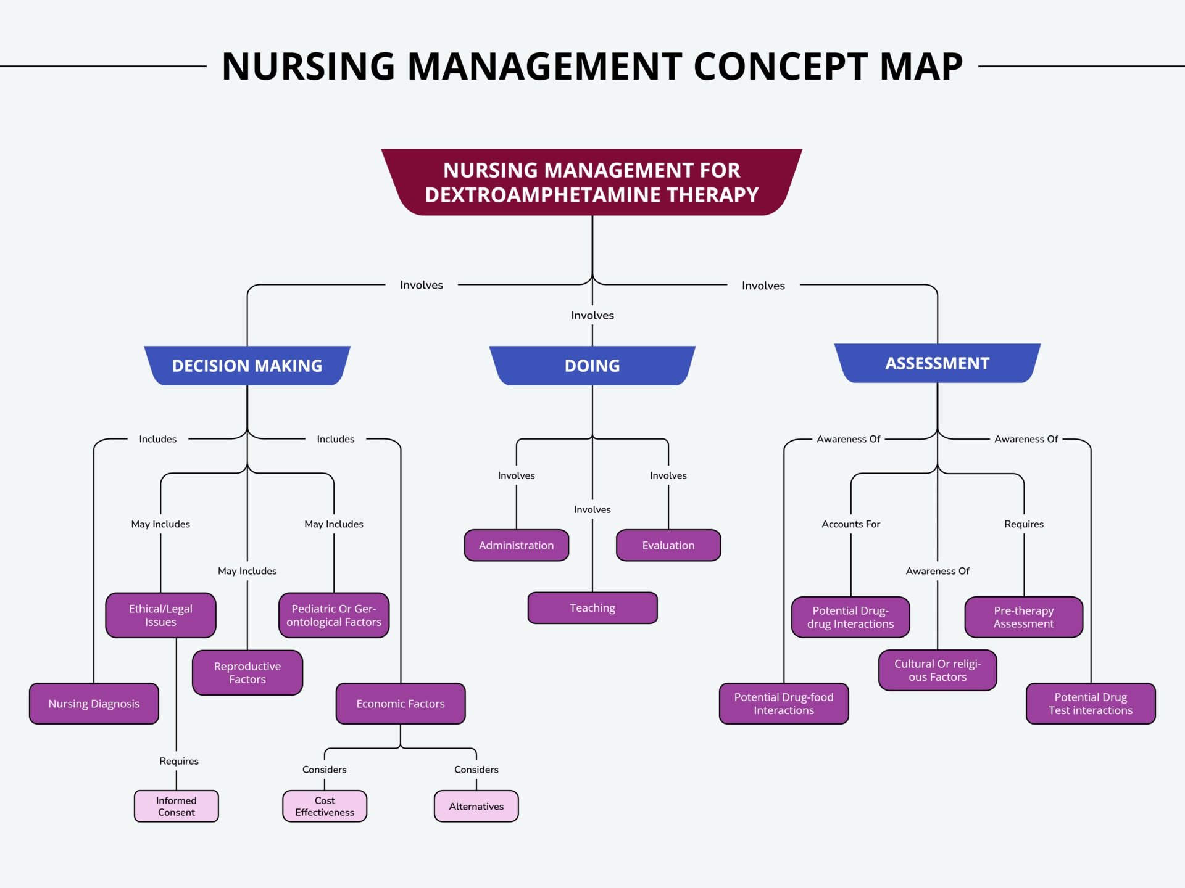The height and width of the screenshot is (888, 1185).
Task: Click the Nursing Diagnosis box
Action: (x=94, y=704)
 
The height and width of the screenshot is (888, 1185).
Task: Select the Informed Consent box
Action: (x=177, y=806)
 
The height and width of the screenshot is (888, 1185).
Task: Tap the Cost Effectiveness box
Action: (x=325, y=806)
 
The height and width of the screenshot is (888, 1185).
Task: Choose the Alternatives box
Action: (x=476, y=806)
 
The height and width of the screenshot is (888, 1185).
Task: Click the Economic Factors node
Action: (x=401, y=704)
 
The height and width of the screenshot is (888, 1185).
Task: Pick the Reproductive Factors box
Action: (x=247, y=673)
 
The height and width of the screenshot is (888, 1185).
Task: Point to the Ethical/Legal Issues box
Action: (x=160, y=615)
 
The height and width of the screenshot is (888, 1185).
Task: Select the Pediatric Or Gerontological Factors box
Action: (x=334, y=615)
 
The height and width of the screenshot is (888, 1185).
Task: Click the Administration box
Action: (x=517, y=545)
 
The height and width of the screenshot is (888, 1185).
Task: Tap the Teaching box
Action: (x=592, y=608)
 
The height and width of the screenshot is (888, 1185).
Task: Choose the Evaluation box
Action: (x=668, y=545)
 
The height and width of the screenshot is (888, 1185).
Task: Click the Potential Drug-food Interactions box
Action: (x=784, y=704)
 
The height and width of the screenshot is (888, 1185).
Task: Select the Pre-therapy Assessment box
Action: (x=1024, y=617)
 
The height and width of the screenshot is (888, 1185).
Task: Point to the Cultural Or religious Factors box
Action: (x=938, y=670)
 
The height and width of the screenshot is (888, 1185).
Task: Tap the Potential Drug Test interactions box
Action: (x=1091, y=704)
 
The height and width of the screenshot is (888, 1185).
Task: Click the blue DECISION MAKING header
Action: (x=247, y=366)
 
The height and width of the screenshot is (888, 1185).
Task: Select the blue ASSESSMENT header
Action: (x=937, y=363)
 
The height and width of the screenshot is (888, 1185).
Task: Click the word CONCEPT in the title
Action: (x=781, y=67)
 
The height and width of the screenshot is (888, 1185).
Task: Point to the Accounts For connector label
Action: (x=850, y=524)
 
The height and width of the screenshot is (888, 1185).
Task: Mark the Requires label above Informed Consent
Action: (x=179, y=761)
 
